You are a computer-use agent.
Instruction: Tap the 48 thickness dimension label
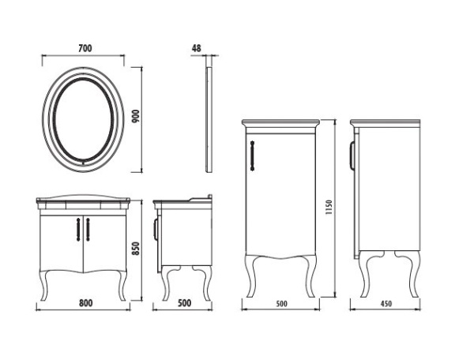click(196, 48)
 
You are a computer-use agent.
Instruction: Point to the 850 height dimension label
click(135, 248)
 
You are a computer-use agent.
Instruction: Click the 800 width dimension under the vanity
click(85, 302)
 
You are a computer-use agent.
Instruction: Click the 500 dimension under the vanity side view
click(184, 302)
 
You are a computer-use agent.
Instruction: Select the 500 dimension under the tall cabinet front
click(280, 302)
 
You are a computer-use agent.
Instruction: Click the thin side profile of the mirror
click(209, 118)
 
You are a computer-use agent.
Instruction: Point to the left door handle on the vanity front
click(77, 228)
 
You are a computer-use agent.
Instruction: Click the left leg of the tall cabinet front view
click(254, 276)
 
